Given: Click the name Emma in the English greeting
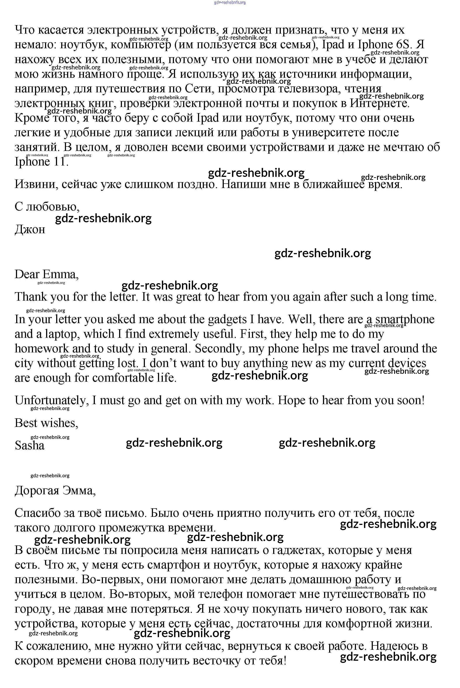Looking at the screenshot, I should point(60,274).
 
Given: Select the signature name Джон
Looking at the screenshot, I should point(30,229).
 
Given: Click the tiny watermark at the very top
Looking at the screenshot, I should point(230,2).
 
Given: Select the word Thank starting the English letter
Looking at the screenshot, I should point(31,297).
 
